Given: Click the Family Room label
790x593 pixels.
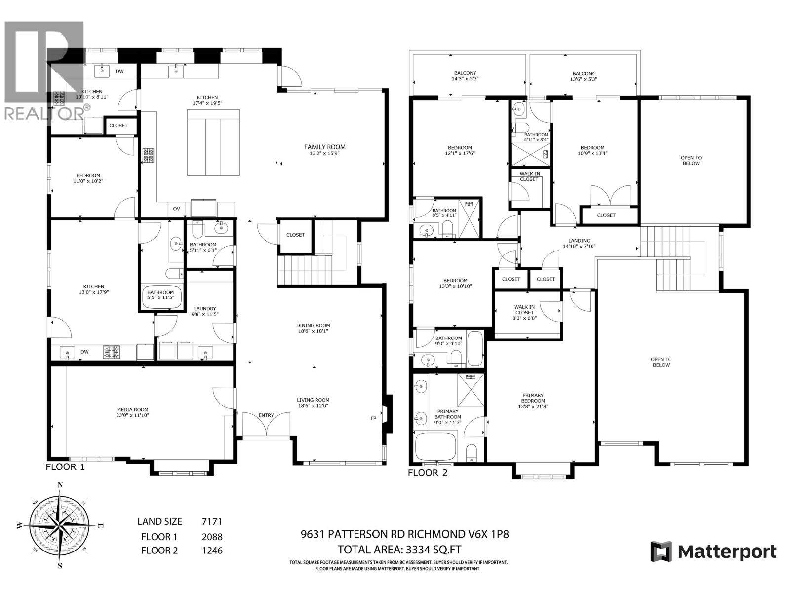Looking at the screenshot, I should (x=324, y=147).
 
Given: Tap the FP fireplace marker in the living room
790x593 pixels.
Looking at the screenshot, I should (x=373, y=418).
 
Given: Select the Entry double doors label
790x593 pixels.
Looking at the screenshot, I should (x=266, y=415).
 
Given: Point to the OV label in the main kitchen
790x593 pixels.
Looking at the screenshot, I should (x=176, y=209).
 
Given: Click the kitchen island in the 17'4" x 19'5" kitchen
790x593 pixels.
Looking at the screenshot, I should (x=213, y=142).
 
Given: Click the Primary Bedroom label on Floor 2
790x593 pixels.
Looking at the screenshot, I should (x=533, y=398).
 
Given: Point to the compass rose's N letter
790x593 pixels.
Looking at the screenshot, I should (x=60, y=485).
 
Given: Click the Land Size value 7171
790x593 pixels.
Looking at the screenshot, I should (x=212, y=521).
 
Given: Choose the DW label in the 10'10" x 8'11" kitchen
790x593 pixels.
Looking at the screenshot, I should (x=119, y=71).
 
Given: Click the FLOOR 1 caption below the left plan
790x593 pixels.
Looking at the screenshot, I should (x=65, y=466).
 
